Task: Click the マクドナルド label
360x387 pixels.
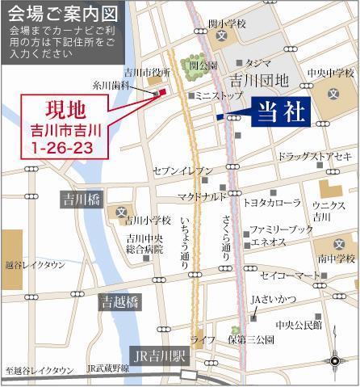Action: [x=202, y=196]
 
